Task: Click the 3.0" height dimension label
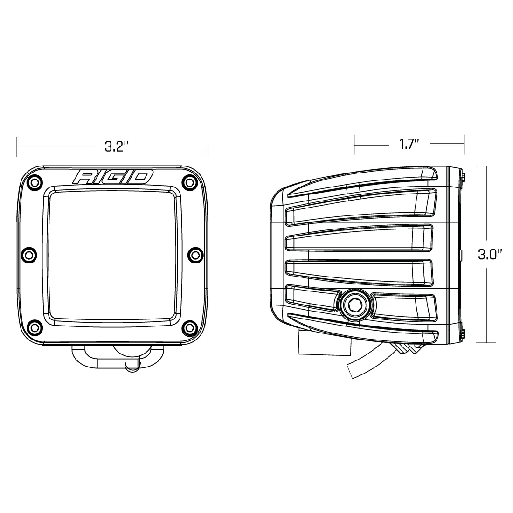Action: (490, 255)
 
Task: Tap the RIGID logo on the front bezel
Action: (112, 177)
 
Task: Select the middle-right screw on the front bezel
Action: (193, 254)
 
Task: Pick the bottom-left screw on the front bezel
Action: (32, 326)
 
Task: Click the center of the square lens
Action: (112, 254)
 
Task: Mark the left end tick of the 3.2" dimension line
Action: (17, 147)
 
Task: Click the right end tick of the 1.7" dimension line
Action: (464, 144)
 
